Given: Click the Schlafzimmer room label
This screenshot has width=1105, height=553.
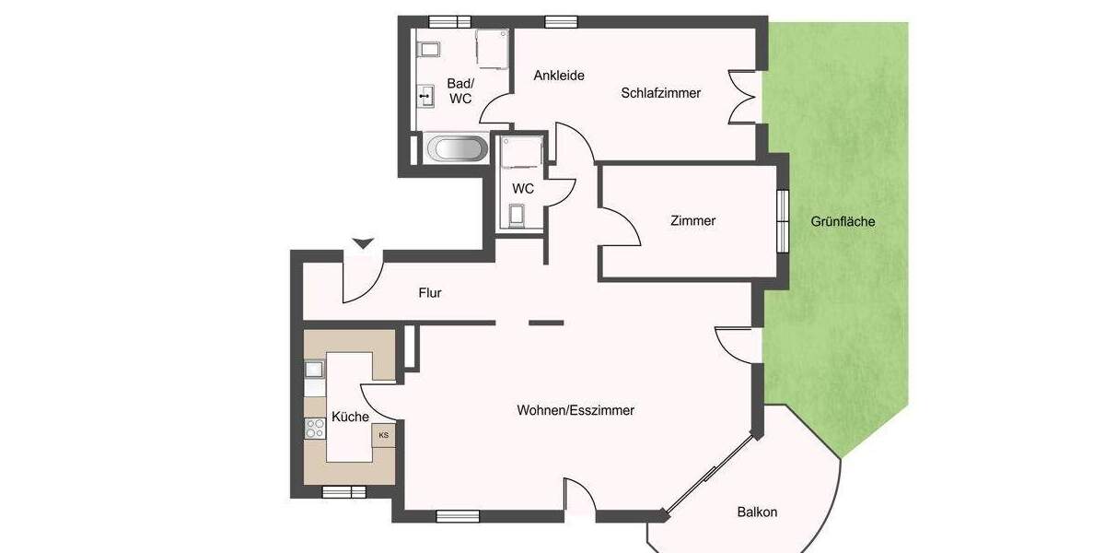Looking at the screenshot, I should tap(660, 93).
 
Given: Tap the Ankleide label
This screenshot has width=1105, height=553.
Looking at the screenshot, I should tap(559, 76).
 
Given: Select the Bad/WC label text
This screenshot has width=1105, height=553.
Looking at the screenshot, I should tap(460, 90).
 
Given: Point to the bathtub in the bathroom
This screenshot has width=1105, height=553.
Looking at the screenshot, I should tap(456, 148).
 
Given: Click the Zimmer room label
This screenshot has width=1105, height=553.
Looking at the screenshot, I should tap(692, 220).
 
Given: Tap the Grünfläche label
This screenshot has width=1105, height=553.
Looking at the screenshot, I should tap(843, 221).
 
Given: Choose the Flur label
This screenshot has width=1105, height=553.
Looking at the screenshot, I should tap(430, 293).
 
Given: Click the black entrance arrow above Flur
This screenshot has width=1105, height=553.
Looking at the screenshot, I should tap(364, 243).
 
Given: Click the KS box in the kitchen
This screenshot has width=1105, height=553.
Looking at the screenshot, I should tap(383, 435).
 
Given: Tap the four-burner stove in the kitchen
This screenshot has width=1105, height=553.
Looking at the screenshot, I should tap(315, 429).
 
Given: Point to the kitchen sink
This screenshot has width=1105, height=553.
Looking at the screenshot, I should tap(315, 370).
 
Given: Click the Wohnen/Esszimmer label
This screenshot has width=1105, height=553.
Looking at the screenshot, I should tap(576, 410).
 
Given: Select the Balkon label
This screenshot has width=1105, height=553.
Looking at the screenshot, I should tap(757, 512).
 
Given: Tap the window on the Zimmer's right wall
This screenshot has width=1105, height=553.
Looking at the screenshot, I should tap(784, 220).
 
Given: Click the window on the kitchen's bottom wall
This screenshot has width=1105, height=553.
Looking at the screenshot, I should tap(344, 492).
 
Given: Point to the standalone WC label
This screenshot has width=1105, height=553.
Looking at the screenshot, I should tap(523, 188).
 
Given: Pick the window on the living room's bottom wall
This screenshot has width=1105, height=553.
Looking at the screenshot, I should tap(458, 516).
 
